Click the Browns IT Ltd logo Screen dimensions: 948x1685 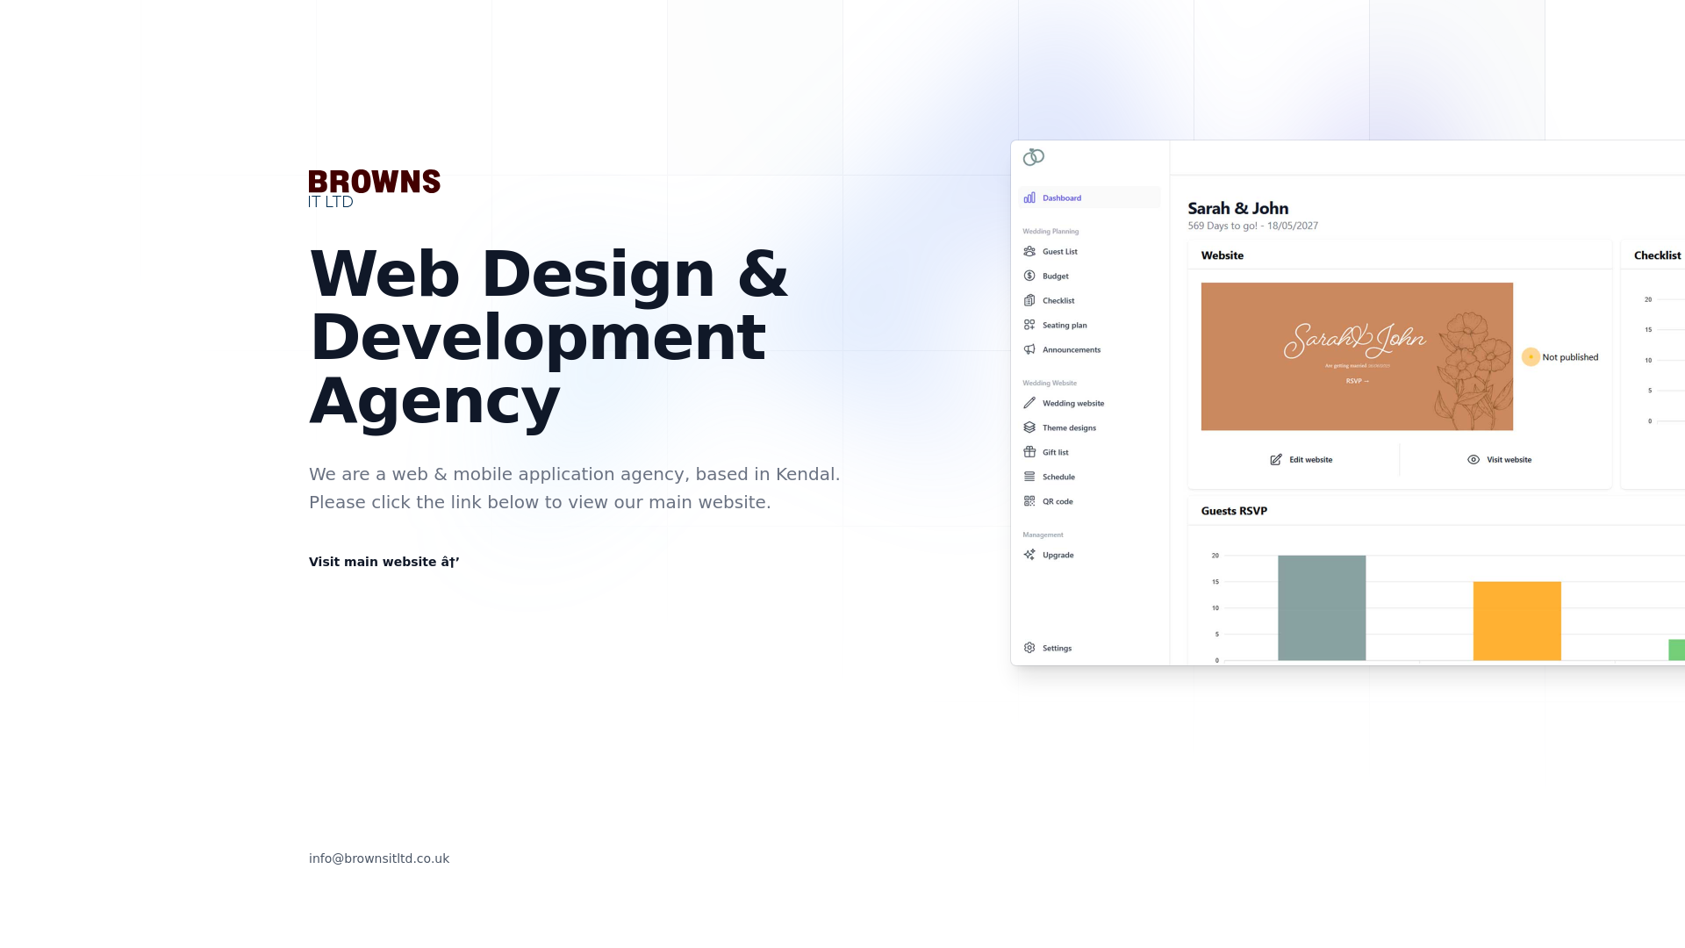pyautogui.click(x=374, y=188)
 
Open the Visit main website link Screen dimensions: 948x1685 pyautogui.click(x=384, y=562)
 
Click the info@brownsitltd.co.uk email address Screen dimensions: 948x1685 pyautogui.click(x=379, y=858)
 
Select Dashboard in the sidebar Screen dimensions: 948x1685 pyautogui.click(x=1061, y=198)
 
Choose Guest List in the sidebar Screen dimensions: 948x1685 pyautogui.click(x=1059, y=252)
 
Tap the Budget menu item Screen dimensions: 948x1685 pyautogui.click(x=1055, y=276)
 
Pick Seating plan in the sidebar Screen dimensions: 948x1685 pyautogui.click(x=1064, y=326)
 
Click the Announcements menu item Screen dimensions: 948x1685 pyautogui.click(x=1071, y=350)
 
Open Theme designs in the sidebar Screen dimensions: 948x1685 pyautogui.click(x=1068, y=428)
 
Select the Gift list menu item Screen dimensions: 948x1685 pyautogui.click(x=1055, y=453)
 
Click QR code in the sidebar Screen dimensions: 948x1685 pyautogui.click(x=1057, y=502)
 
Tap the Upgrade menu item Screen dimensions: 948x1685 pyautogui.click(x=1058, y=556)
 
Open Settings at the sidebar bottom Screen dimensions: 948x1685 pyautogui.click(x=1056, y=649)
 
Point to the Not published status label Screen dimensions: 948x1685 pyautogui.click(x=1569, y=357)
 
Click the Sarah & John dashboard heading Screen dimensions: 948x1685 pyautogui.click(x=1237, y=209)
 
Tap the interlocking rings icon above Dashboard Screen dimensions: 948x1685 pyautogui.click(x=1034, y=157)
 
